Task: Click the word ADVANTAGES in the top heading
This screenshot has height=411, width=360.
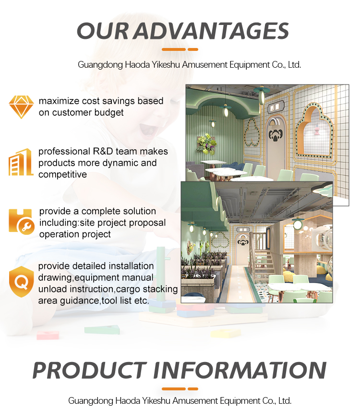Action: pyautogui.click(x=211, y=31)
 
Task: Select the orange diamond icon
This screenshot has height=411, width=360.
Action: pyautogui.click(x=21, y=107)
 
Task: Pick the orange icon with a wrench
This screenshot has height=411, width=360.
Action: pyautogui.click(x=21, y=222)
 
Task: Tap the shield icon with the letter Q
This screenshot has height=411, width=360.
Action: pyautogui.click(x=21, y=282)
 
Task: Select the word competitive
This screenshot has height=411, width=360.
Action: pyautogui.click(x=63, y=174)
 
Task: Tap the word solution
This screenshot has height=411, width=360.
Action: pyautogui.click(x=139, y=211)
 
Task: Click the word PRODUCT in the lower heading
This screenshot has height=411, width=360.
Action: pyautogui.click(x=89, y=370)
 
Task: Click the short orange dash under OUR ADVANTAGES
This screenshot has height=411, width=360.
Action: pyautogui.click(x=193, y=49)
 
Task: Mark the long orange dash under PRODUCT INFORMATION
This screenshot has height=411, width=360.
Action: pyautogui.click(x=173, y=388)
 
